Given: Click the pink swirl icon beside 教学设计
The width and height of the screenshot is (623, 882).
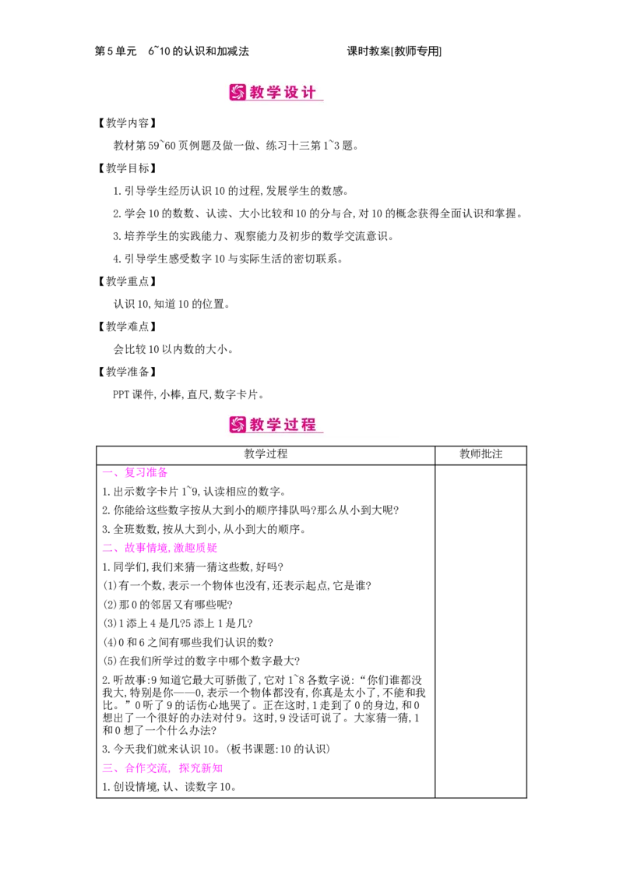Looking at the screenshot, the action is pyautogui.click(x=238, y=93).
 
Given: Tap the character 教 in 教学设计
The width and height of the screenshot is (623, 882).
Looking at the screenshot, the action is pyautogui.click(x=258, y=93).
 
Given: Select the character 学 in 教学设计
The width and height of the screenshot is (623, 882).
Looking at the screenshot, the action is pyautogui.click(x=275, y=93).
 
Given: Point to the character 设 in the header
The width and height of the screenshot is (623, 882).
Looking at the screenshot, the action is pyautogui.click(x=292, y=93).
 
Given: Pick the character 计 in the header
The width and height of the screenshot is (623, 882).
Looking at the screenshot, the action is pyautogui.click(x=309, y=93).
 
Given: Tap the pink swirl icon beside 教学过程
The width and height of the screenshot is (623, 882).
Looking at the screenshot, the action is pyautogui.click(x=238, y=425).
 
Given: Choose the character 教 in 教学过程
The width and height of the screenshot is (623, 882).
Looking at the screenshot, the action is pyautogui.click(x=258, y=425).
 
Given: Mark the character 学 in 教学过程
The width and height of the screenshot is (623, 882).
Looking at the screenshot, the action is pyautogui.click(x=275, y=425).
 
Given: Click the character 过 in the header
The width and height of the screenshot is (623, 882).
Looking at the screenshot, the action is pyautogui.click(x=292, y=425).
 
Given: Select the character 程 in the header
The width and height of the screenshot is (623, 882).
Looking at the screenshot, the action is pyautogui.click(x=309, y=425).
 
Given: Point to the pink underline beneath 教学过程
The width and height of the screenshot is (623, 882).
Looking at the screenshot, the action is pyautogui.click(x=284, y=433).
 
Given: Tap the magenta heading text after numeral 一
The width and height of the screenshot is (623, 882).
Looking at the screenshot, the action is pyautogui.click(x=146, y=472).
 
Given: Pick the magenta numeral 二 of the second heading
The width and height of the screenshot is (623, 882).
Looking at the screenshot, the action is pyautogui.click(x=108, y=549).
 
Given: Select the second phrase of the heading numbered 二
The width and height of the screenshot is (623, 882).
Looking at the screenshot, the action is pyautogui.click(x=195, y=549).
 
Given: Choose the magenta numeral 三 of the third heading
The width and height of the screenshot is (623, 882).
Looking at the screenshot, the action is pyautogui.click(x=108, y=768).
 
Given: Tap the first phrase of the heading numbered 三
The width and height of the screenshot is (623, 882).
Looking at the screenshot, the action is pyautogui.click(x=147, y=768).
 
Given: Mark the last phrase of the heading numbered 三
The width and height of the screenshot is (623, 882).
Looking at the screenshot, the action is pyautogui.click(x=200, y=768).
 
